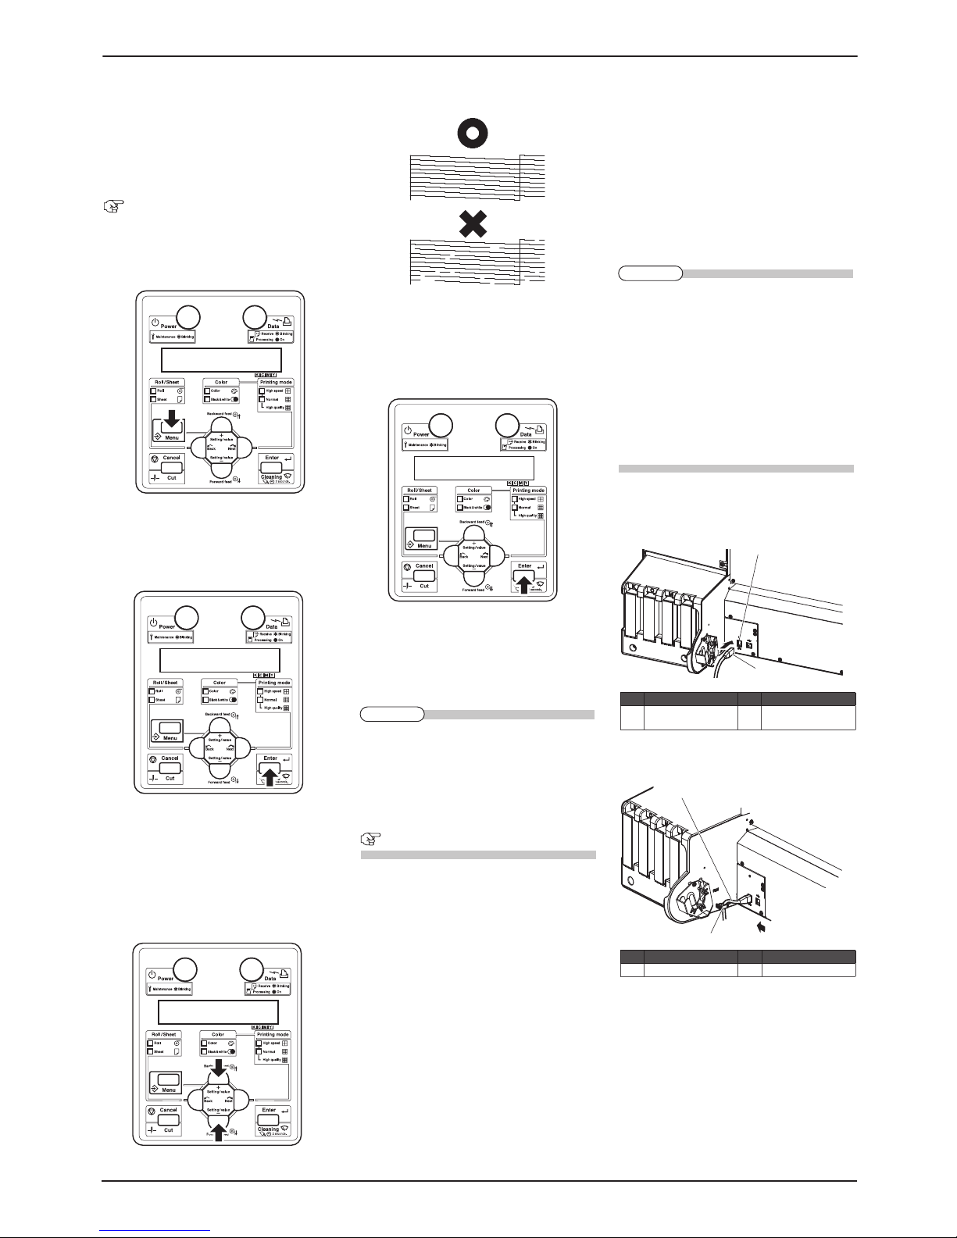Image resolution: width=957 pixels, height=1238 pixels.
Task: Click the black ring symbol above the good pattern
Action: point(473,133)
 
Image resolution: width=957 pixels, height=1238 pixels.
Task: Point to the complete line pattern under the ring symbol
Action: point(477,176)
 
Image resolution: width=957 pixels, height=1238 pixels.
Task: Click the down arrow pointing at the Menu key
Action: point(172,425)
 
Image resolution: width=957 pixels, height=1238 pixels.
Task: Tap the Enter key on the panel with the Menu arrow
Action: point(271,468)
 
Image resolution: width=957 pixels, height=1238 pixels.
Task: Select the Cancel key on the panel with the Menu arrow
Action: point(172,468)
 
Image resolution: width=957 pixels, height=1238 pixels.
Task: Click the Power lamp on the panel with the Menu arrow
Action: point(188,316)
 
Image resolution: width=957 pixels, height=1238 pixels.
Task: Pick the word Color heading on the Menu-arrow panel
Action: point(221,382)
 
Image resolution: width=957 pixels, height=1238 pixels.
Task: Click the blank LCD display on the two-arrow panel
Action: point(218,1011)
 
